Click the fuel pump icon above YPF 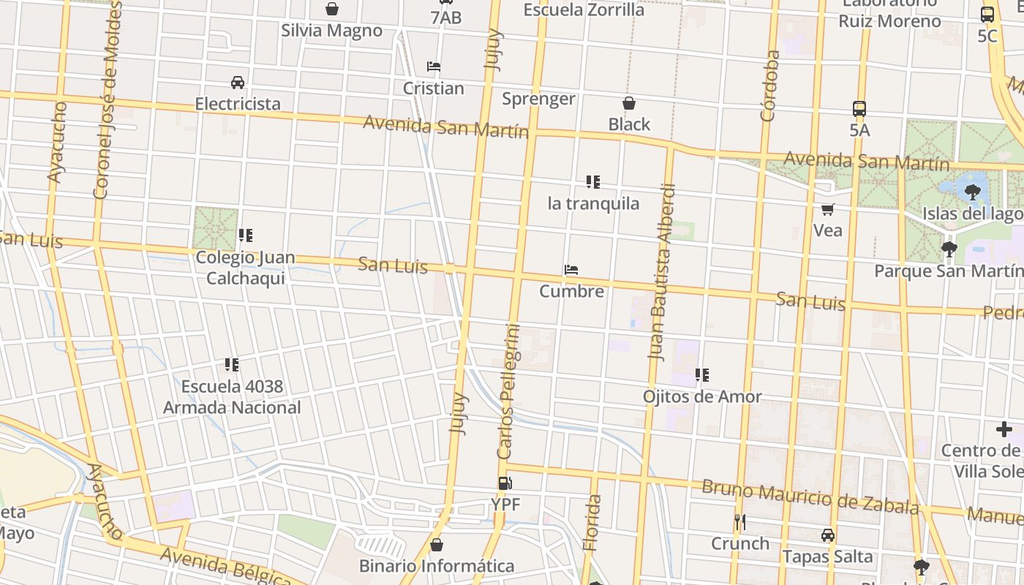(505, 483)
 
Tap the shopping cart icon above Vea (828, 210)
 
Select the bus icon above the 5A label (859, 109)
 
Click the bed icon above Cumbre (571, 270)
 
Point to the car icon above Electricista (238, 82)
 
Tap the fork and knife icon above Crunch (740, 522)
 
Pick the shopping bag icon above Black (629, 103)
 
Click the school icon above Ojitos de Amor (702, 375)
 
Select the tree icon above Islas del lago (972, 192)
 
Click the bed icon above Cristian (434, 67)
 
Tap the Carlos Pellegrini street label (509, 391)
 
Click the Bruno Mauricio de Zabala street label (810, 497)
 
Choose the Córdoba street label (769, 86)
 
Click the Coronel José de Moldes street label (107, 101)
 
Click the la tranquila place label (593, 203)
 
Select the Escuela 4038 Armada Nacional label (232, 397)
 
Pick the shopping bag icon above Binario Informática (437, 545)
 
